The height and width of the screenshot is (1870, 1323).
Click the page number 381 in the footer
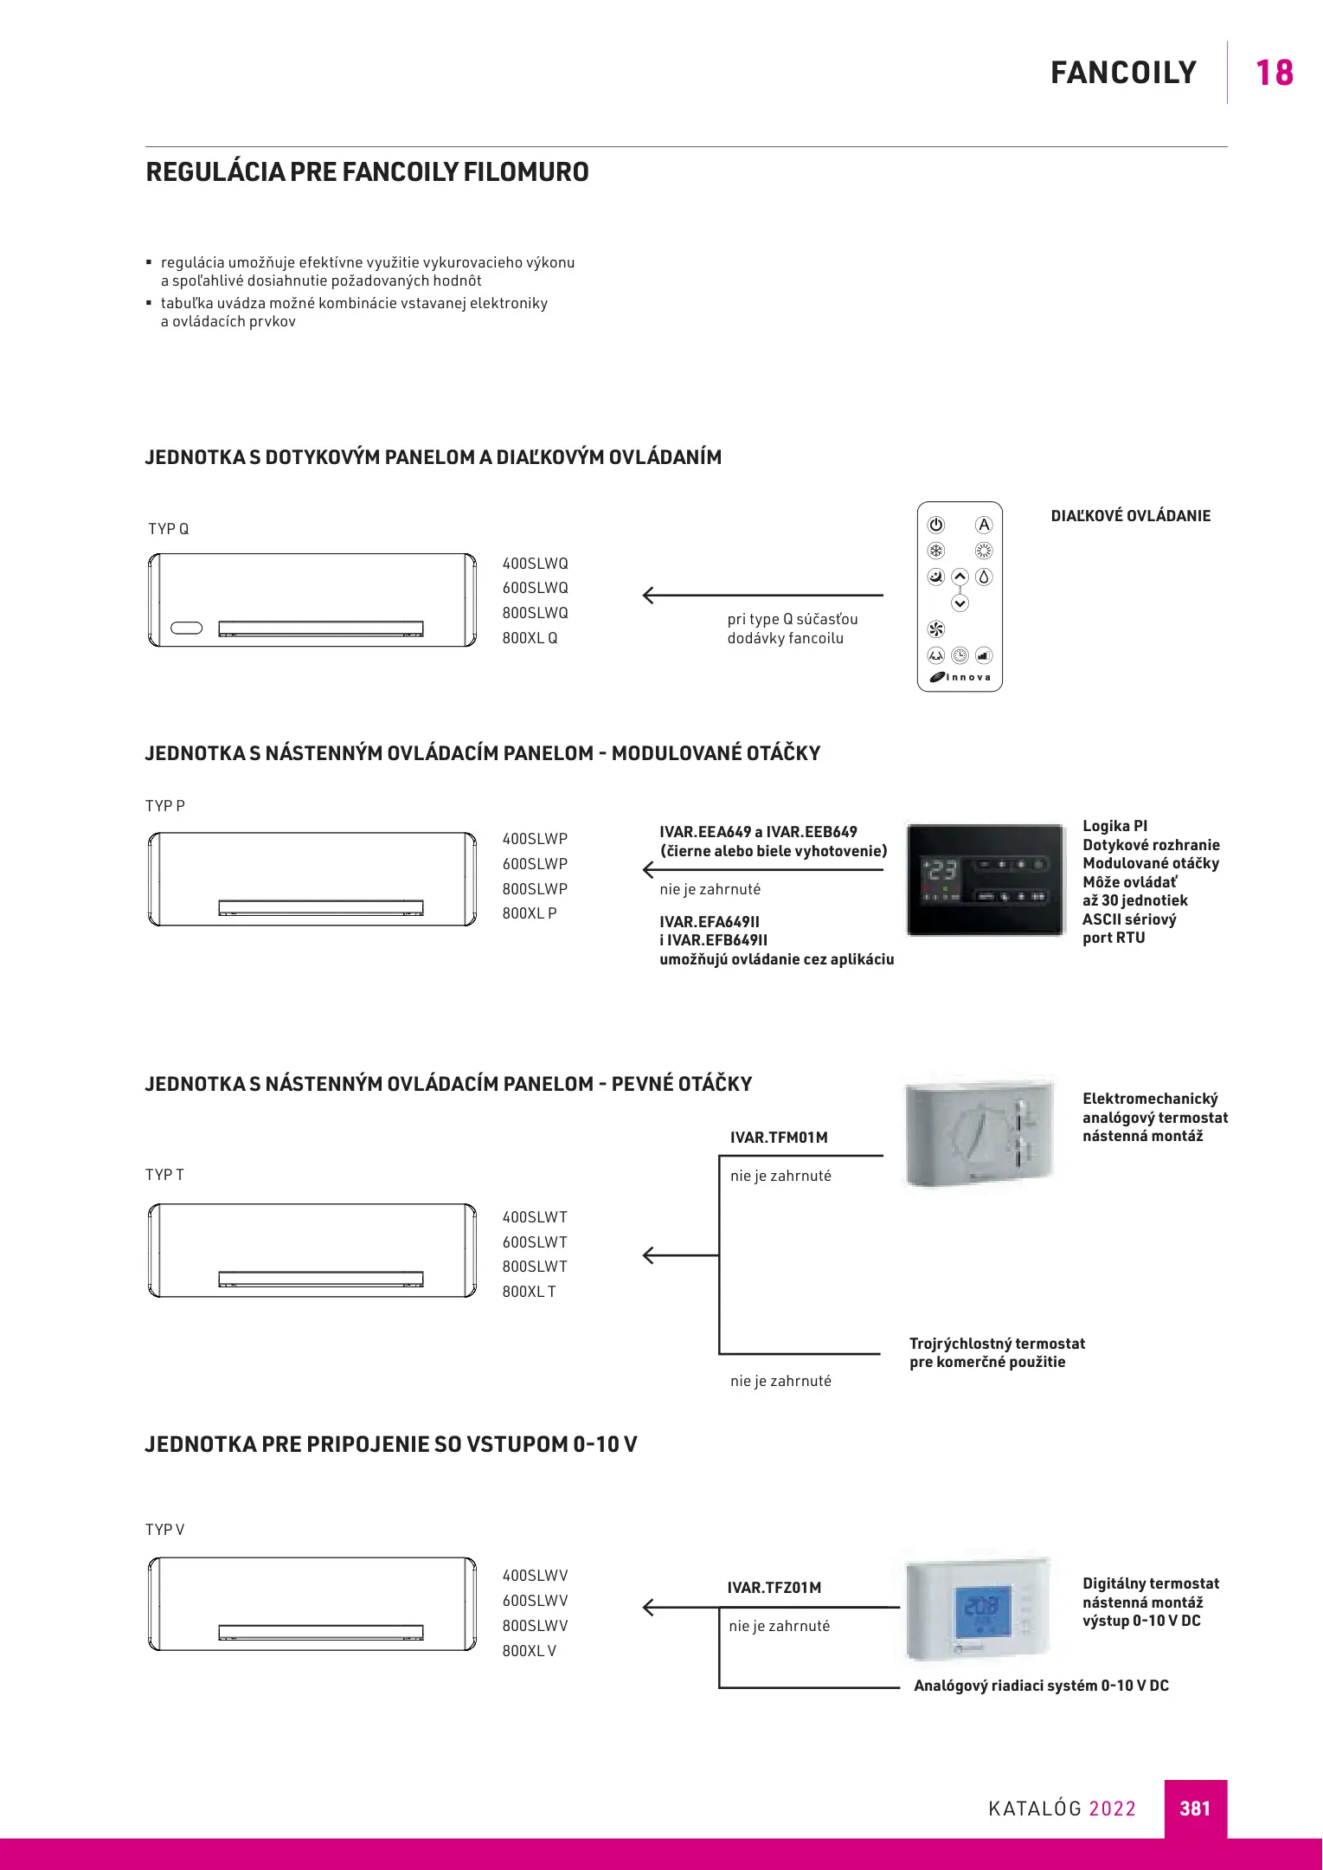(x=1195, y=1808)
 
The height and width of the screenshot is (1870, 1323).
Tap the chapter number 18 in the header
(x=1274, y=73)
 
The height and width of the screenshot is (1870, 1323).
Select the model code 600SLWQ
(x=535, y=588)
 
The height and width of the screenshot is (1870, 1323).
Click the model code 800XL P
(x=530, y=913)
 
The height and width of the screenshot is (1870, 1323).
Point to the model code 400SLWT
(x=535, y=1217)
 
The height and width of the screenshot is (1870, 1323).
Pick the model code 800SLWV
(x=535, y=1626)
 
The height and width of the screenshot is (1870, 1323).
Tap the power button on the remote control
(x=936, y=525)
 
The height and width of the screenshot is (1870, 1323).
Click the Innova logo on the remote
(x=960, y=677)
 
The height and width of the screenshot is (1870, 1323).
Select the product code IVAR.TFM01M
(x=779, y=1138)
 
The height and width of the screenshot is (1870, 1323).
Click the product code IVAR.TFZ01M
(x=774, y=1588)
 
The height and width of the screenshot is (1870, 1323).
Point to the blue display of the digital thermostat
(x=982, y=1610)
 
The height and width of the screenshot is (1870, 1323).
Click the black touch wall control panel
(x=986, y=880)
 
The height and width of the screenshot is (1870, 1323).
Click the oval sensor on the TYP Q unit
(x=187, y=628)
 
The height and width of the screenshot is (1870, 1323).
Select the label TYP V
(x=164, y=1530)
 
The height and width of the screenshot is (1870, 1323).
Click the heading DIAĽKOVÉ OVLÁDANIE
(x=1130, y=516)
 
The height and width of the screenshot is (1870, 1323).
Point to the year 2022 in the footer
(x=1112, y=1809)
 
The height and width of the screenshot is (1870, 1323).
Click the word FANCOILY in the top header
(x=1123, y=73)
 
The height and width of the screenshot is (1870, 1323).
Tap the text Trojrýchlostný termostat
(x=997, y=1344)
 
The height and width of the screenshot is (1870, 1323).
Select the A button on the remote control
(x=984, y=525)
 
